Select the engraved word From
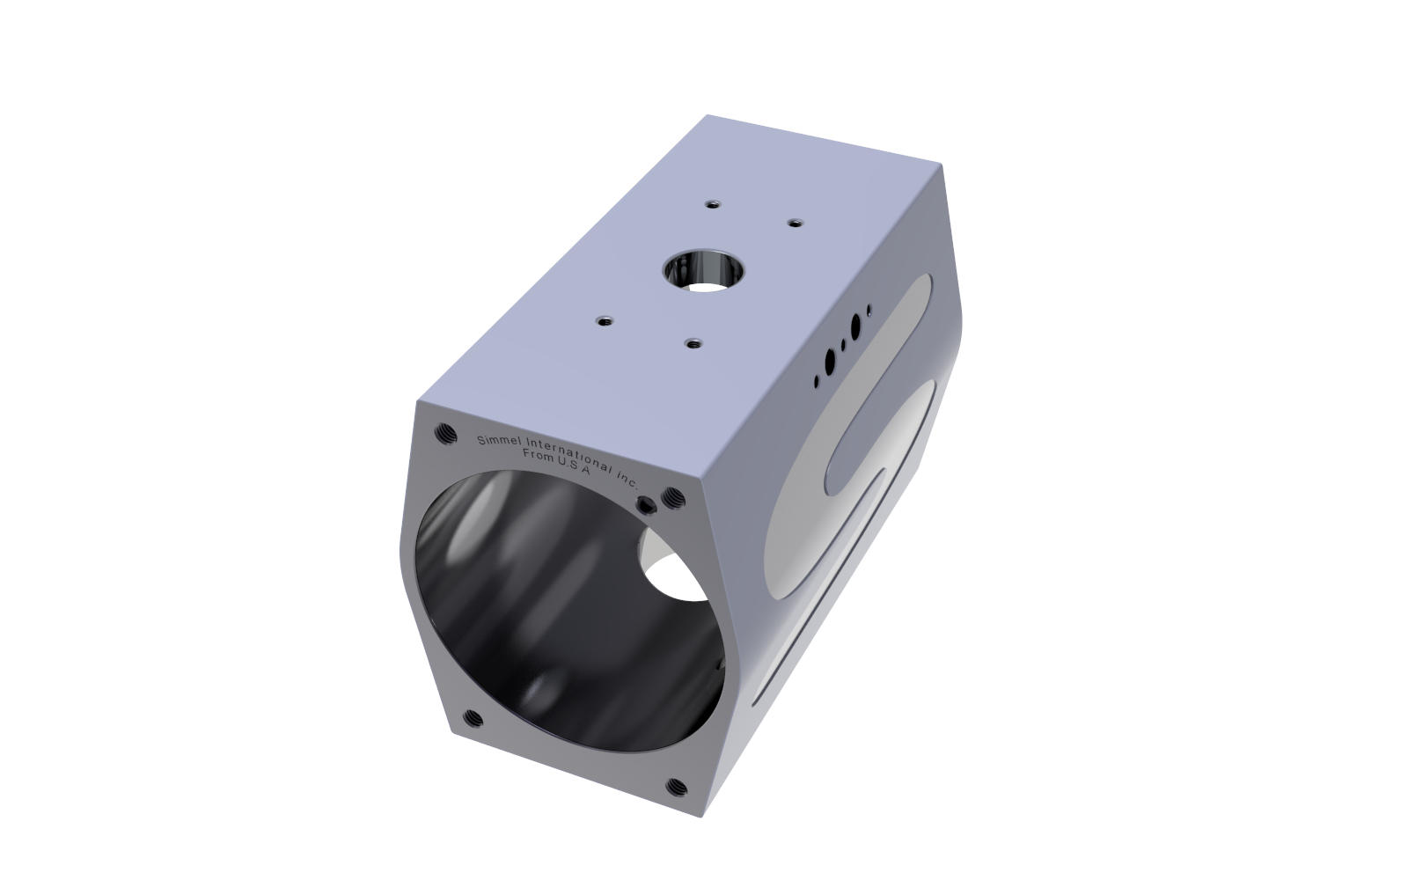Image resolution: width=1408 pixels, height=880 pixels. pos(538,455)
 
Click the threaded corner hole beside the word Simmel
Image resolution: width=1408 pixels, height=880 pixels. pos(446,433)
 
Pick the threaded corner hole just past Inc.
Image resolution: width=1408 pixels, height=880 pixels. pos(674,498)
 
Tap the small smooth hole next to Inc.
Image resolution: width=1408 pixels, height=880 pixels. pos(648,503)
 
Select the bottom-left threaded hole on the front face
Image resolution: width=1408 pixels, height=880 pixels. pos(473,718)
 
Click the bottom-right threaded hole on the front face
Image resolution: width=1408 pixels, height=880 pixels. pos(677,786)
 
